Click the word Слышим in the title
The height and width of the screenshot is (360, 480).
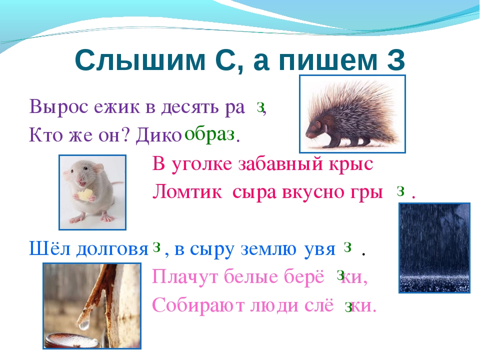pos(140,60)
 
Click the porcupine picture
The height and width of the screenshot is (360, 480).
pos(352,114)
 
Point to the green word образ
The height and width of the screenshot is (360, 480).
pos(209,134)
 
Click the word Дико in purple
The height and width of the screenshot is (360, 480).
pos(159,134)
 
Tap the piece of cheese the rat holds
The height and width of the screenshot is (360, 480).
pos(85,195)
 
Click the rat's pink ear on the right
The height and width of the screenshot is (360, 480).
pos(98,168)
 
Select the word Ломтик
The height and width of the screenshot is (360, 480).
pos(187,192)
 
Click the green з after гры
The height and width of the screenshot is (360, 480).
pos(400,191)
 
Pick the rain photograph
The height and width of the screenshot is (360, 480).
pos(434,248)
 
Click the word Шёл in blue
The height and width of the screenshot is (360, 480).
pos(50,248)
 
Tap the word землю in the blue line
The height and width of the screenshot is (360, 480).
pos(268,249)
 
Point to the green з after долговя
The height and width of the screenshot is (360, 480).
pos(156,246)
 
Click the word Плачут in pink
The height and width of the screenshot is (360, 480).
pos(185,277)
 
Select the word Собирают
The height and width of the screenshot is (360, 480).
pos(198,305)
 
